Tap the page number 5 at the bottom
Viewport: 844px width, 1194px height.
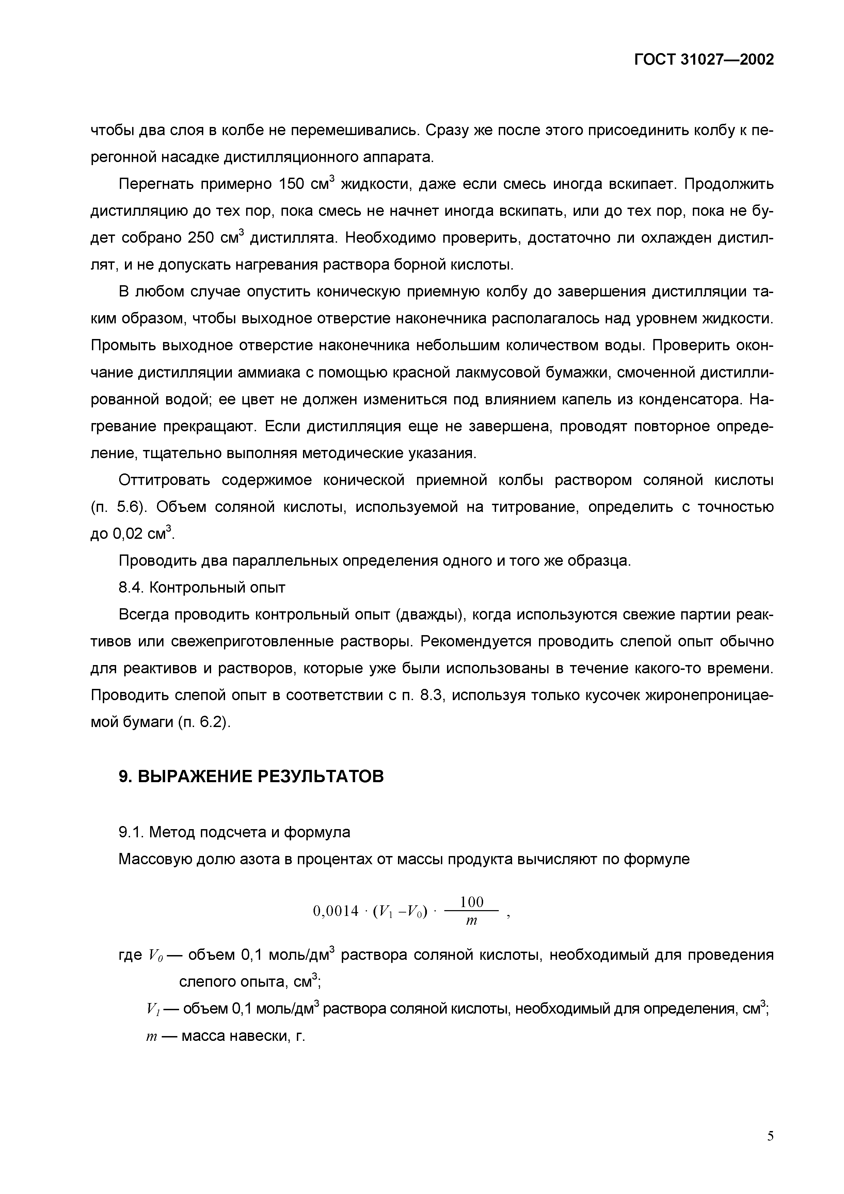pos(770,1136)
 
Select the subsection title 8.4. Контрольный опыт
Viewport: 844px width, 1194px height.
pos(202,587)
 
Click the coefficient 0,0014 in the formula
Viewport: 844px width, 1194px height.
pos(336,911)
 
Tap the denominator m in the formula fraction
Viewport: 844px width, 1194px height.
pos(471,921)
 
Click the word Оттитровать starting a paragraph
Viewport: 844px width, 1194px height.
pos(164,480)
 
